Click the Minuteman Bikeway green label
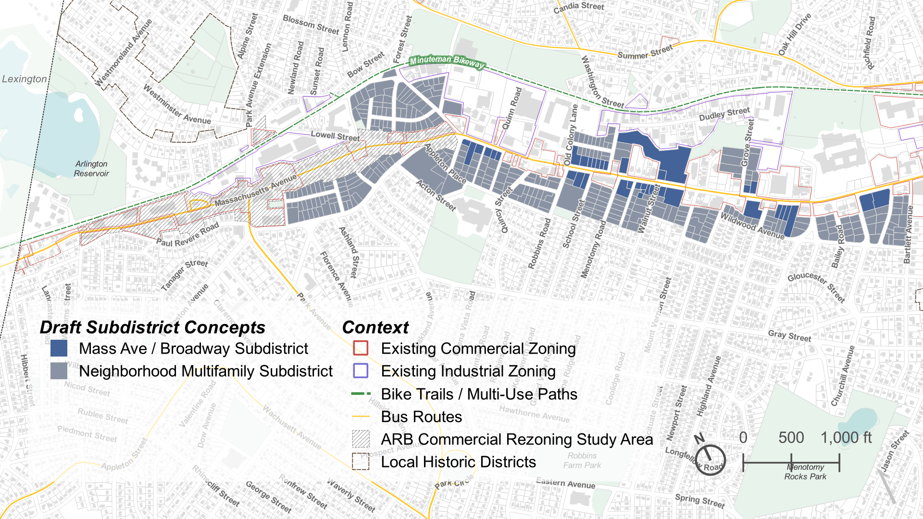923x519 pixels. tap(447, 62)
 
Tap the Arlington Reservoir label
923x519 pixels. tap(91, 169)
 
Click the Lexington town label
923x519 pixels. tap(25, 79)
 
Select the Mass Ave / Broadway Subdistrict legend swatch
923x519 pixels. tap(59, 348)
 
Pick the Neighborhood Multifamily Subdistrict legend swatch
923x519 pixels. tap(59, 371)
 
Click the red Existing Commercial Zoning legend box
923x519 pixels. tap(361, 348)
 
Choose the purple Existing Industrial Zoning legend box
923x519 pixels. tap(361, 371)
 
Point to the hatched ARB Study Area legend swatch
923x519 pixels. tap(361, 439)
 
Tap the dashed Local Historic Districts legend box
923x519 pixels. tap(361, 462)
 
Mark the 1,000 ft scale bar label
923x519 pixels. tap(846, 438)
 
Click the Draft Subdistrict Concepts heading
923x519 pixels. tap(152, 327)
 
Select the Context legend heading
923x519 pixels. tap(375, 327)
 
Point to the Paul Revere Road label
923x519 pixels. tap(187, 235)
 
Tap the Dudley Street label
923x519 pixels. tap(724, 114)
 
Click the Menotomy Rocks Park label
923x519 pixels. tap(805, 472)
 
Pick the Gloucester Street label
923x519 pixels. tap(816, 287)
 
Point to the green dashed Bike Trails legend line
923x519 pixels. tap(361, 394)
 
